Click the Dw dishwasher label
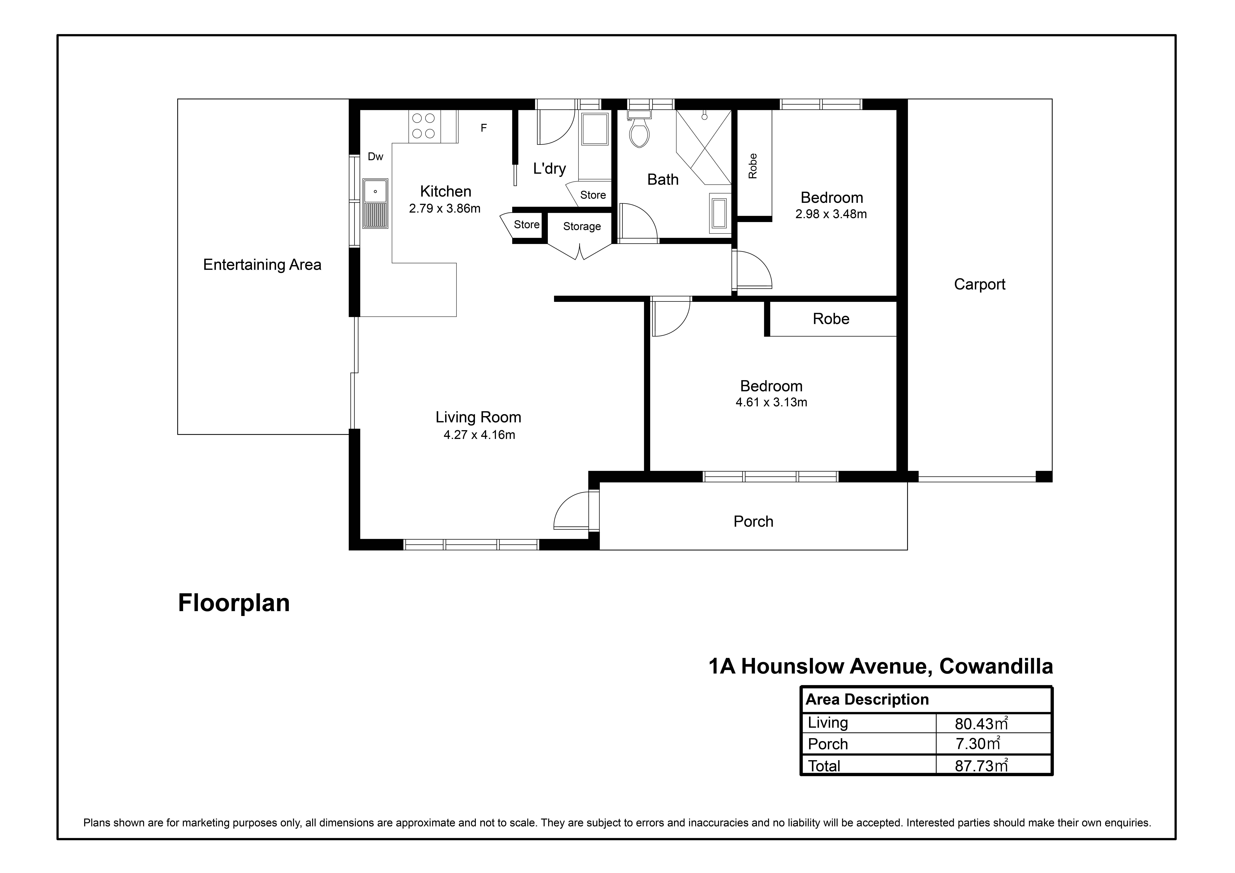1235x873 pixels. click(375, 157)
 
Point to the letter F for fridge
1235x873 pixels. click(484, 128)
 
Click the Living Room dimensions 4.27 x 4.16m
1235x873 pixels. click(479, 435)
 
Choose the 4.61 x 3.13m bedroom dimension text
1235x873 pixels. click(771, 402)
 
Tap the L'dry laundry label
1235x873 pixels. click(549, 169)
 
